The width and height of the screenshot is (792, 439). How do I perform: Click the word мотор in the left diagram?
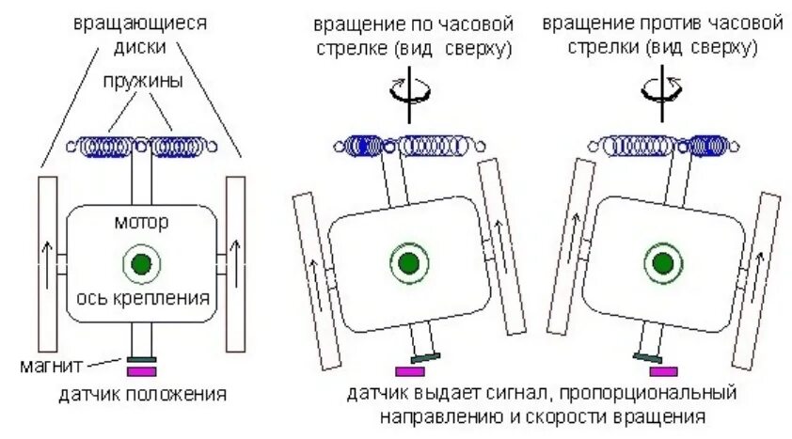(x=141, y=224)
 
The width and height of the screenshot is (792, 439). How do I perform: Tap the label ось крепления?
(x=142, y=300)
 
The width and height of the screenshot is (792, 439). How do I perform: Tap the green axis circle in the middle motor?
(x=406, y=262)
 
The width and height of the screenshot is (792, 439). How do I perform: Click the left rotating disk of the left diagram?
(x=47, y=259)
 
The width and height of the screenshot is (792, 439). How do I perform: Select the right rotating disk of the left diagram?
(x=235, y=259)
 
